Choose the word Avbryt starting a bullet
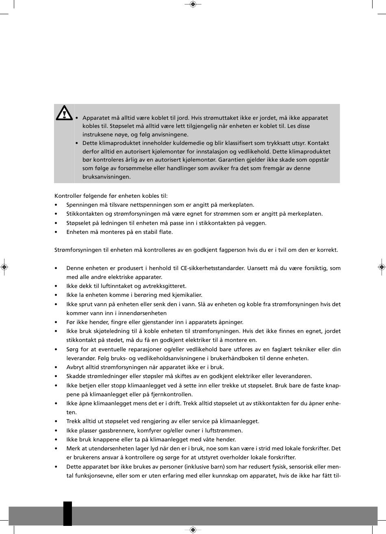[x=75, y=367]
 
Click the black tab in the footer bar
[x=67, y=513]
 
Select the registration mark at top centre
[x=193, y=4]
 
